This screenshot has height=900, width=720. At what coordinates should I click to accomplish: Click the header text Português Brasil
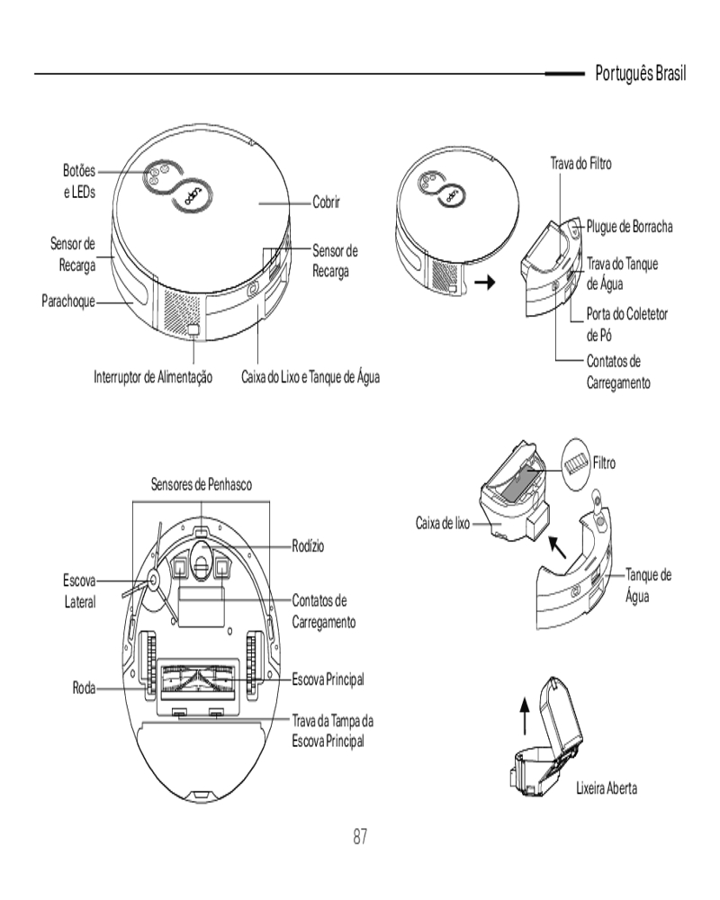click(641, 73)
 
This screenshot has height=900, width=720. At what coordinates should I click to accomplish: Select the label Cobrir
click(330, 203)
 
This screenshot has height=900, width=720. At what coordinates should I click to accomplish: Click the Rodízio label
click(308, 545)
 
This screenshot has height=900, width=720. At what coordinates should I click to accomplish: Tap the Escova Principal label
click(328, 678)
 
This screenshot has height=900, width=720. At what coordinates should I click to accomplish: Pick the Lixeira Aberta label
click(607, 788)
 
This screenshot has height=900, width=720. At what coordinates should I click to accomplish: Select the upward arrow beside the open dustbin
click(526, 717)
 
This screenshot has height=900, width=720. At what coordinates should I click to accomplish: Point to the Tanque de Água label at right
click(648, 584)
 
